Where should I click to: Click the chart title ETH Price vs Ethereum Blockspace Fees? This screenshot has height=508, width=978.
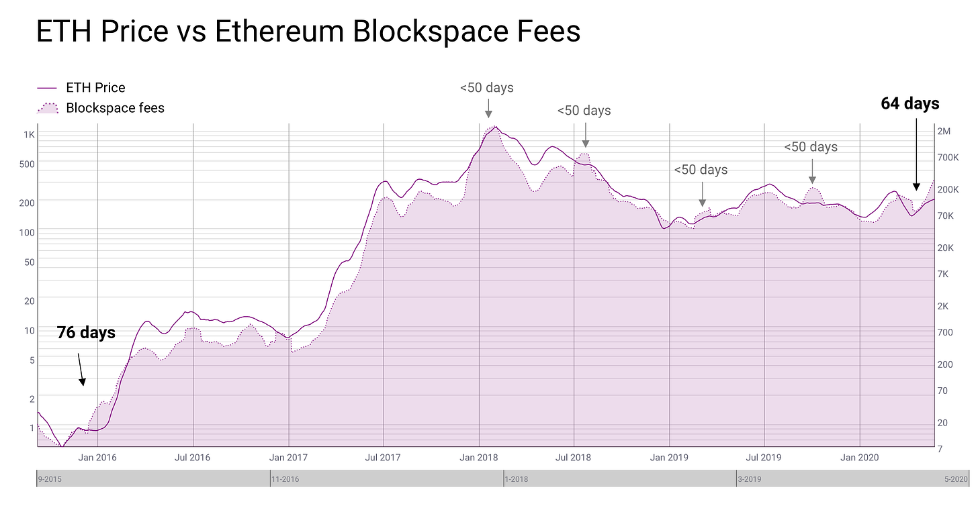click(x=308, y=32)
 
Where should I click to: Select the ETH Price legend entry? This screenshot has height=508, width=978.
click(x=95, y=88)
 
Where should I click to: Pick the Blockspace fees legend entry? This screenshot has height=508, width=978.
click(x=114, y=108)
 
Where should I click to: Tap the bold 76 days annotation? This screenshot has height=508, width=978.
click(x=86, y=333)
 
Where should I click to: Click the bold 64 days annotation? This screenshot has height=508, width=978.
click(x=910, y=104)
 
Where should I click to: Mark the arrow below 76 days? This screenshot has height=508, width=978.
click(x=81, y=369)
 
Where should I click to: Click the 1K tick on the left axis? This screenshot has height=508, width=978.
click(x=29, y=135)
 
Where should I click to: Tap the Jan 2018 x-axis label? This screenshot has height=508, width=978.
click(x=479, y=458)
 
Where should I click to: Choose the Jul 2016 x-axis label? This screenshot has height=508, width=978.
click(x=192, y=458)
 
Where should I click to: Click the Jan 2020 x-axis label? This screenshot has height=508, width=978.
click(x=860, y=458)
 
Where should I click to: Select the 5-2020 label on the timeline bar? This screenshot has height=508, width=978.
click(x=955, y=479)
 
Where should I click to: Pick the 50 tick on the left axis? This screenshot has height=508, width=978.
click(x=29, y=262)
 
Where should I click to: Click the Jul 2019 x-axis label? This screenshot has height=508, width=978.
click(x=764, y=458)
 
